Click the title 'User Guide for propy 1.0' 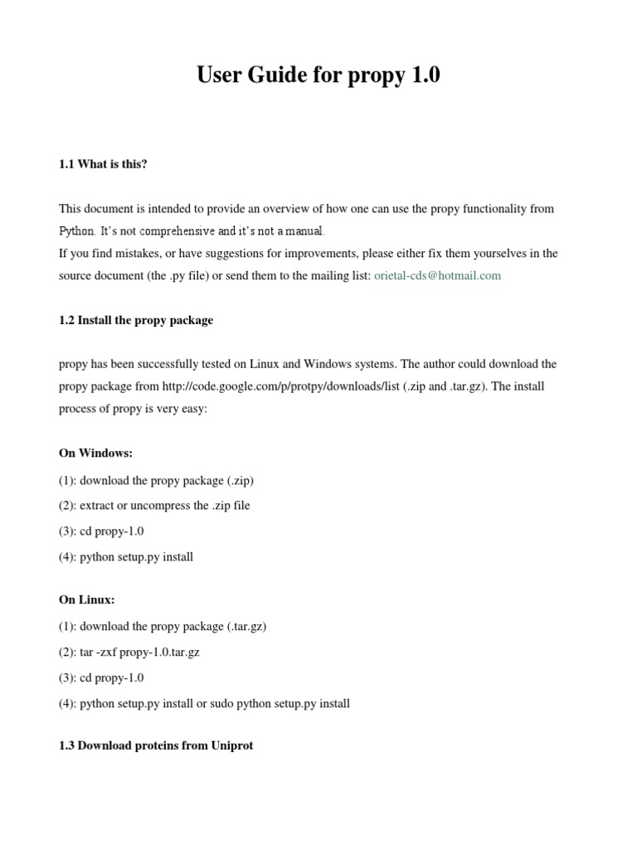coord(318,75)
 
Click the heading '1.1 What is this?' coord(103,164)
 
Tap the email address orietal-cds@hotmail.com coord(438,275)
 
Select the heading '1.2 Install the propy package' coord(136,320)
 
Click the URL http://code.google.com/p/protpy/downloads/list coord(281,386)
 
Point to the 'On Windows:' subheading coord(95,453)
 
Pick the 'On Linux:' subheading coord(87,599)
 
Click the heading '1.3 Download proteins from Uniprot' coord(156,745)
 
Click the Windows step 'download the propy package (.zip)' coord(167,480)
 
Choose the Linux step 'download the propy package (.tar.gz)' coord(173,626)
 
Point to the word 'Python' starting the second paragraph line coord(76,230)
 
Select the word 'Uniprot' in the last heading coord(232,745)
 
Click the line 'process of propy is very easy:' coord(133,409)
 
